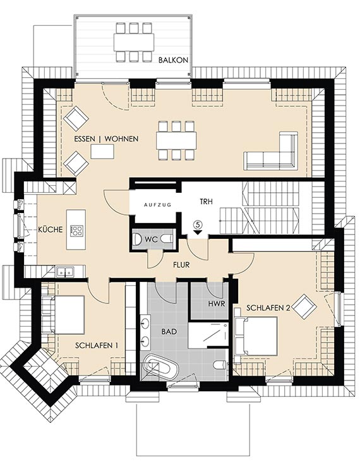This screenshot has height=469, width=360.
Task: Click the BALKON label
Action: point(173,60)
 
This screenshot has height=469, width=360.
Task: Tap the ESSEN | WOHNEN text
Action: point(106,139)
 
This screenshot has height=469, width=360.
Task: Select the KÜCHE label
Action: point(51,229)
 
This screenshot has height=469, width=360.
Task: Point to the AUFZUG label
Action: point(157,205)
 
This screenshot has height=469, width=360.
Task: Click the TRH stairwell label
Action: point(206,202)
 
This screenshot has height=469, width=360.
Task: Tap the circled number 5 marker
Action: point(198,223)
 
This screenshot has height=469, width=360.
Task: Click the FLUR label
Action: point(181,265)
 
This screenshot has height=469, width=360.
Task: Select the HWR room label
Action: point(217,304)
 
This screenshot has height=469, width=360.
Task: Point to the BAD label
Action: point(169,331)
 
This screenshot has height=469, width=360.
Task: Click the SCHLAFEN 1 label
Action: point(97,346)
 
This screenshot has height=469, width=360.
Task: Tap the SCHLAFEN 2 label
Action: point(268,308)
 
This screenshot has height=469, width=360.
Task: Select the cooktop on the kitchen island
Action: point(76,229)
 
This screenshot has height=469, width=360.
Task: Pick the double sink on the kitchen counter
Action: point(66,272)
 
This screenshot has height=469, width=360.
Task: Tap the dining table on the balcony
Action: point(133,42)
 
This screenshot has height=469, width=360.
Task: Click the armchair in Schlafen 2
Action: point(304,307)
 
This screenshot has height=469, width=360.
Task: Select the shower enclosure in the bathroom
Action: point(208,335)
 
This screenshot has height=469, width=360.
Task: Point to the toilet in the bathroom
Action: point(221,364)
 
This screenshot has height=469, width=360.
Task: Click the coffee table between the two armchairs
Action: point(102,151)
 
